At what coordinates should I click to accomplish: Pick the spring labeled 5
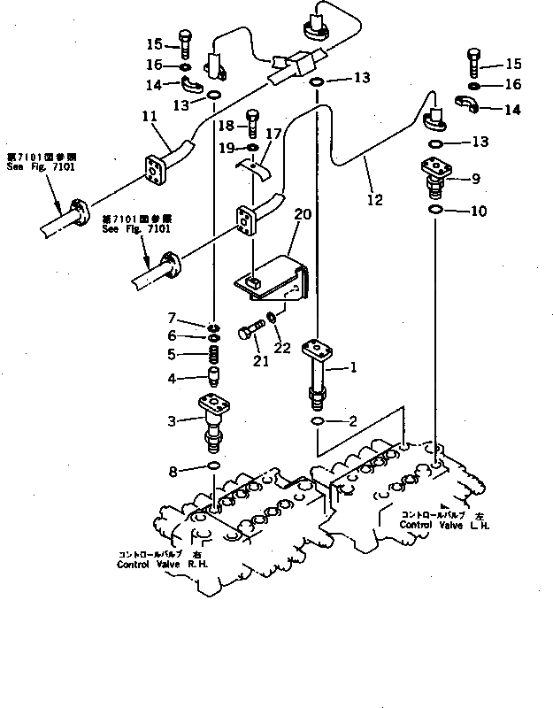point(213,357)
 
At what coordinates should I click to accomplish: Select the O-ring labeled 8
point(213,466)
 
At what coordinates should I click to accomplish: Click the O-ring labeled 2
point(317,422)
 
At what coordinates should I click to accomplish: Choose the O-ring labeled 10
point(435,210)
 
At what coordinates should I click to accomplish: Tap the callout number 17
point(274,135)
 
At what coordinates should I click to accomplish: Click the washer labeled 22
point(273,316)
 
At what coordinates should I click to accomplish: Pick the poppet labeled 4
point(213,381)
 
